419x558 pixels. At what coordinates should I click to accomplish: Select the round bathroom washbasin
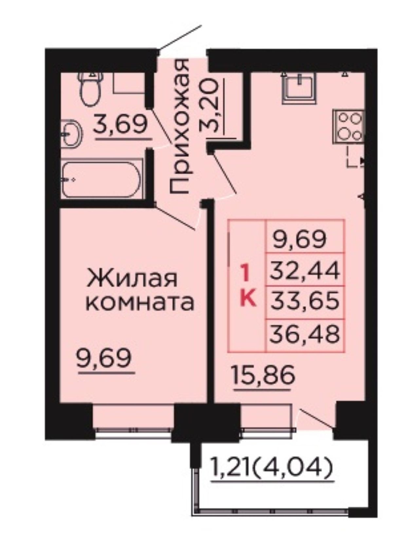coord(72,133)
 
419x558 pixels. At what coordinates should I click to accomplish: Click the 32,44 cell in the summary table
coord(305,270)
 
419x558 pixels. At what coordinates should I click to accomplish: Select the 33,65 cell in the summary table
coord(305,301)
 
